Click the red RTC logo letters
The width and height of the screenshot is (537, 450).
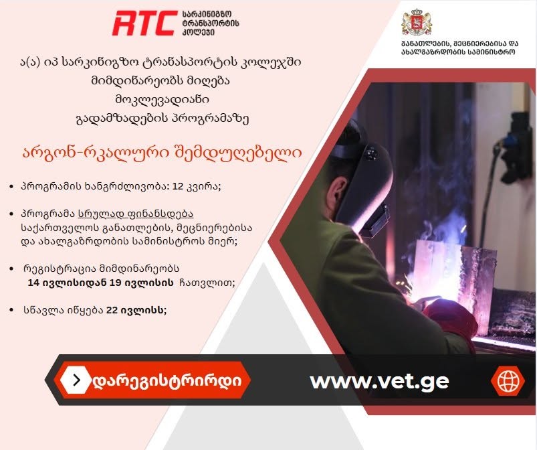click(x=143, y=23)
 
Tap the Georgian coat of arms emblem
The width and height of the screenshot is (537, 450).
click(x=417, y=22)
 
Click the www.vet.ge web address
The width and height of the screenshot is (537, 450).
click(x=379, y=381)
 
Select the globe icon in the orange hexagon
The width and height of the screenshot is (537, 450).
click(x=508, y=381)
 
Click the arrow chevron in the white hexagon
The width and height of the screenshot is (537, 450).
click(x=77, y=380)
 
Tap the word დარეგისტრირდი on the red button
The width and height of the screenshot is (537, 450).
click(x=167, y=381)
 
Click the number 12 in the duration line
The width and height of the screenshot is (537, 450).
click(x=178, y=186)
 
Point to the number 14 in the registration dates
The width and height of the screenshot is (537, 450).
click(x=33, y=283)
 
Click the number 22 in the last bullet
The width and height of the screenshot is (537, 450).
click(x=112, y=310)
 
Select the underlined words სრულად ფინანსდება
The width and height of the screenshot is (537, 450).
click(x=136, y=214)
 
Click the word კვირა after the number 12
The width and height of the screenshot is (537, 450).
click(x=203, y=187)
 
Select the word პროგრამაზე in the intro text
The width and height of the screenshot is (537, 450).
click(x=210, y=119)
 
